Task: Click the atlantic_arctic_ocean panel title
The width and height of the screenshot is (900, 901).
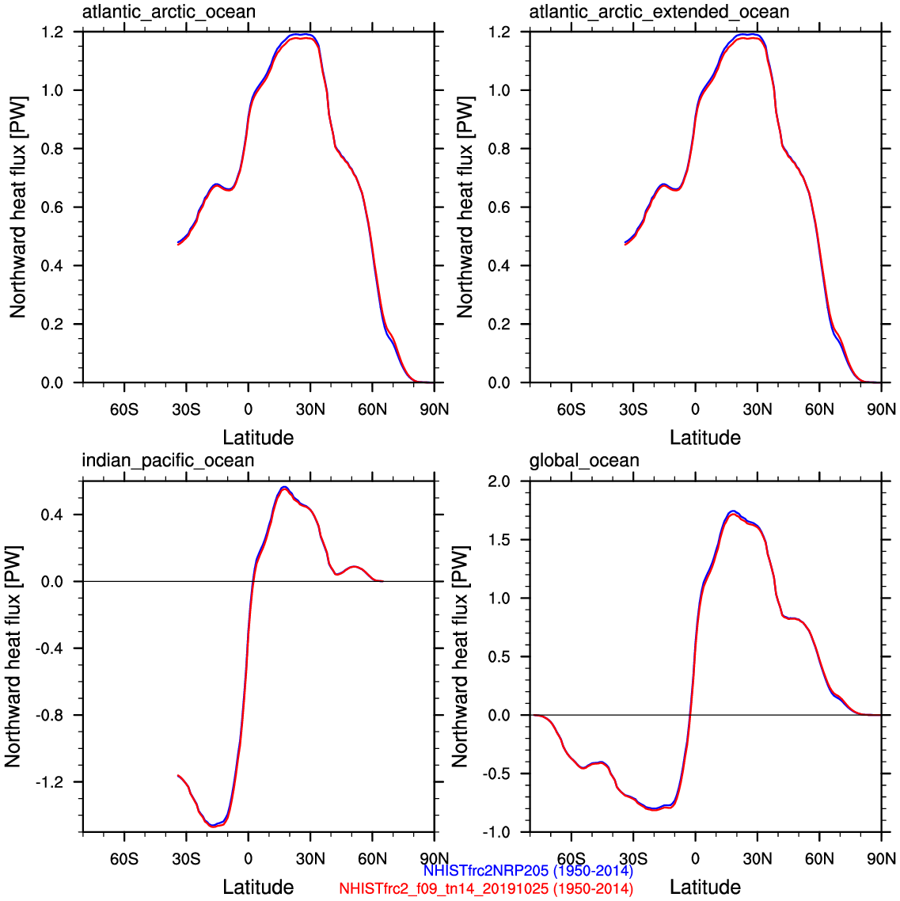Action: (169, 12)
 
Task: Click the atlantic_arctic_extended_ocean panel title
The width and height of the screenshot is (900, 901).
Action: (659, 12)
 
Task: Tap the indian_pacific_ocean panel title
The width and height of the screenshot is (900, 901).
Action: (168, 461)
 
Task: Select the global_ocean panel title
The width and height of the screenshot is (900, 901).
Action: (584, 461)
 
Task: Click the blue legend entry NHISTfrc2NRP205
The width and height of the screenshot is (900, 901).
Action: (528, 871)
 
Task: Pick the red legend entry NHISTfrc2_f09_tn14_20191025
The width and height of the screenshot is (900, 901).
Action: (486, 888)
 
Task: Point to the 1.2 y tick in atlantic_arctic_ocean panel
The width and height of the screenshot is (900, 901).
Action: (52, 32)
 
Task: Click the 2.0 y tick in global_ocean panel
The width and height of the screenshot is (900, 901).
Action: (499, 481)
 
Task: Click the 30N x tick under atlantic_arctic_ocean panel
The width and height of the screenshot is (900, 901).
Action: (310, 409)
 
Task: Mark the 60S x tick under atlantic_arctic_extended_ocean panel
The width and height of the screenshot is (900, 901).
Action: (571, 409)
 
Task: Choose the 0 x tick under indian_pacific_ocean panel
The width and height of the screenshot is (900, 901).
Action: (249, 859)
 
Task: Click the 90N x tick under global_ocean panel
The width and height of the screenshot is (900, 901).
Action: (881, 859)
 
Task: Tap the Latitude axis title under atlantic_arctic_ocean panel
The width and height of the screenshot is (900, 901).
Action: (258, 438)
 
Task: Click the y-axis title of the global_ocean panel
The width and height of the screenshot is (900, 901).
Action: (460, 656)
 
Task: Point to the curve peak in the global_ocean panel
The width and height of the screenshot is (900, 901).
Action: (733, 512)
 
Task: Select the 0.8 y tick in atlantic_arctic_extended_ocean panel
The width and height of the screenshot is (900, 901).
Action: (499, 149)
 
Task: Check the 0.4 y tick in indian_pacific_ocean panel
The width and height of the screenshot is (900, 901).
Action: (52, 515)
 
